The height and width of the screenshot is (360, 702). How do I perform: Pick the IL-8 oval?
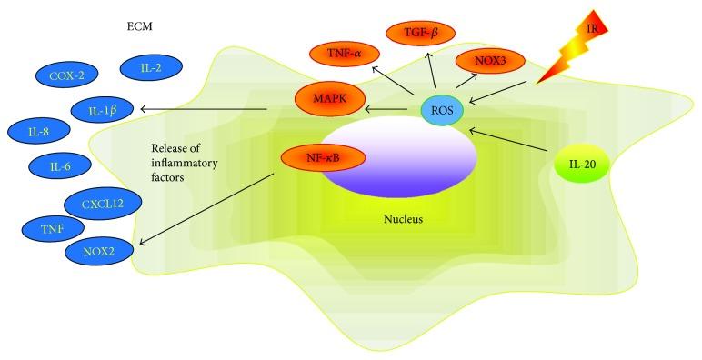(x=38, y=132)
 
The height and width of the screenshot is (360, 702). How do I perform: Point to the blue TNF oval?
(x=51, y=229)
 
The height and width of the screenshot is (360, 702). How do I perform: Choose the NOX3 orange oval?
(x=496, y=63)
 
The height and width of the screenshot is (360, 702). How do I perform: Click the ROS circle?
(x=443, y=110)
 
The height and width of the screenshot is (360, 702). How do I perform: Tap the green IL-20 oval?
(x=583, y=166)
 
